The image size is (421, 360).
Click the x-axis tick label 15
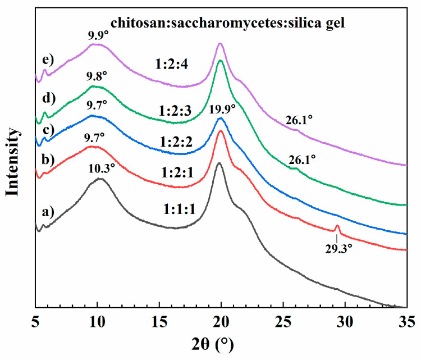159,321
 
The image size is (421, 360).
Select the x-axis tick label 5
35,321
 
